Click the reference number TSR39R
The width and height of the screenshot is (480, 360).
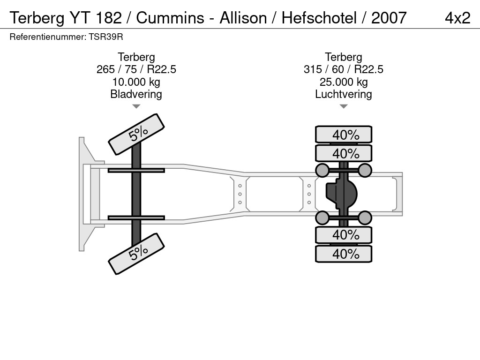[x=105, y=37]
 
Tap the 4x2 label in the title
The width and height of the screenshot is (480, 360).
[x=457, y=18]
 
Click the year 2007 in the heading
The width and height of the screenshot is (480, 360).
[x=389, y=18]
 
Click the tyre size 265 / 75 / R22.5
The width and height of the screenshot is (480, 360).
[x=136, y=69]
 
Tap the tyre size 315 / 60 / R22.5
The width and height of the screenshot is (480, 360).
[x=343, y=69]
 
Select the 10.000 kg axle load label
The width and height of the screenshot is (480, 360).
[x=136, y=82]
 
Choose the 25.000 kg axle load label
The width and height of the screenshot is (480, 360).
[x=343, y=82]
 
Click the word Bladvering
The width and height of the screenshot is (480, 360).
[x=136, y=94]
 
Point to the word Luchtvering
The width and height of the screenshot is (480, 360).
[x=343, y=94]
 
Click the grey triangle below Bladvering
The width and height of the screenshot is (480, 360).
[x=136, y=106]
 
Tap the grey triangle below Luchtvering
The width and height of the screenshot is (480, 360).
[x=343, y=106]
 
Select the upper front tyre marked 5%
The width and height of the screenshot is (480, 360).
[x=136, y=135]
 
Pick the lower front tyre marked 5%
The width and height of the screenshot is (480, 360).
[x=136, y=254]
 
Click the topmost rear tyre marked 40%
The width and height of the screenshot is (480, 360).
[x=344, y=135]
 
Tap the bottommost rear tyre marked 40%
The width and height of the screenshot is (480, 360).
[x=344, y=254]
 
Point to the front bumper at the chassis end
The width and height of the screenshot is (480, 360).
[x=85, y=194]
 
